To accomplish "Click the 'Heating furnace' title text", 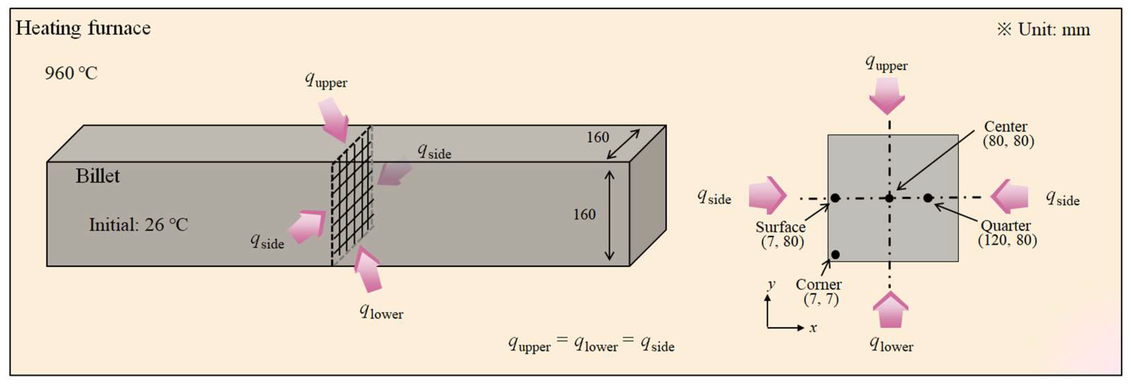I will [83, 28].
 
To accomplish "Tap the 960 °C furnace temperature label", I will [71, 73].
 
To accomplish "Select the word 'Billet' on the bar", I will [97, 176].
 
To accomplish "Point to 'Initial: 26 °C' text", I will [138, 225].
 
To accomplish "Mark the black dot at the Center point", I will [889, 198].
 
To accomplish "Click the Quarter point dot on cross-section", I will [928, 198].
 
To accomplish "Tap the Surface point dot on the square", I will [835, 198].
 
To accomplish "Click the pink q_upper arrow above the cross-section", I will [887, 96].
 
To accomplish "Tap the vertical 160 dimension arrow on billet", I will [609, 215].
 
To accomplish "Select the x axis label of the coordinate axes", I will [813, 328].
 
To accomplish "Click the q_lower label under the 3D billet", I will [381, 312].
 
